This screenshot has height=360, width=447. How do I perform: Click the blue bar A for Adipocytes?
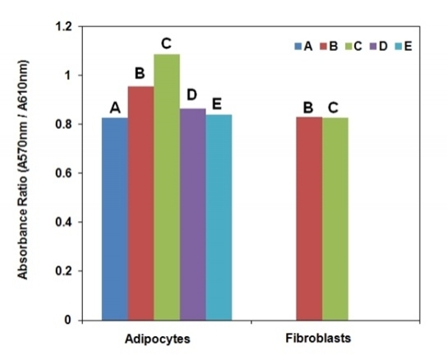pyautogui.click(x=114, y=219)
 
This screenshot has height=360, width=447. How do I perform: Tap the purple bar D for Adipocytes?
pyautogui.click(x=193, y=214)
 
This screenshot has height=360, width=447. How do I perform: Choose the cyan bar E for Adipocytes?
pyautogui.click(x=219, y=217)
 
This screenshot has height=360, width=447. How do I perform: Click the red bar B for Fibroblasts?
pyautogui.click(x=309, y=219)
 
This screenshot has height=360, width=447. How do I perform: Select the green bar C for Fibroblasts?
pyautogui.click(x=335, y=219)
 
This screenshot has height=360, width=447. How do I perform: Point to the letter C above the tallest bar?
pyautogui.click(x=167, y=43)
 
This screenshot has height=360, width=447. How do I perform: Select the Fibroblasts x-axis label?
pyautogui.click(x=322, y=337)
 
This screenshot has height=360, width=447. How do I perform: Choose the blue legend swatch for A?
pyautogui.click(x=297, y=46)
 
